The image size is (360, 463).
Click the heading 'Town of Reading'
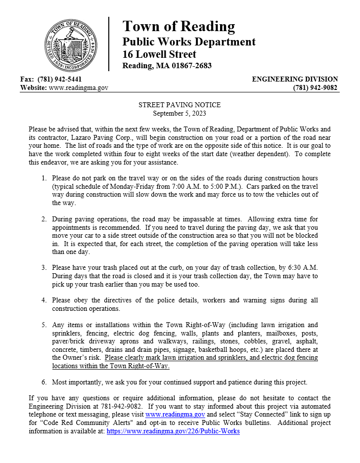179,26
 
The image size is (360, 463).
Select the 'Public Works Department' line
189,42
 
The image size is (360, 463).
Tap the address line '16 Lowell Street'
159,54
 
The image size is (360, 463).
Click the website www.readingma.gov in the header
79,88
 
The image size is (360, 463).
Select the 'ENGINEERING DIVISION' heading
295,79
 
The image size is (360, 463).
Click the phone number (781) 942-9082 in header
315,88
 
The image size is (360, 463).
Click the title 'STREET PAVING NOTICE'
180,105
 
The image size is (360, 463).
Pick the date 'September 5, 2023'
180,113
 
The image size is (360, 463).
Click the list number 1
44,178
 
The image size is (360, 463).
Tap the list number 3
44,267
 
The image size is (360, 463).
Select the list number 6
44,382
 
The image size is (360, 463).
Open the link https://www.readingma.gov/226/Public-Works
173,431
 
